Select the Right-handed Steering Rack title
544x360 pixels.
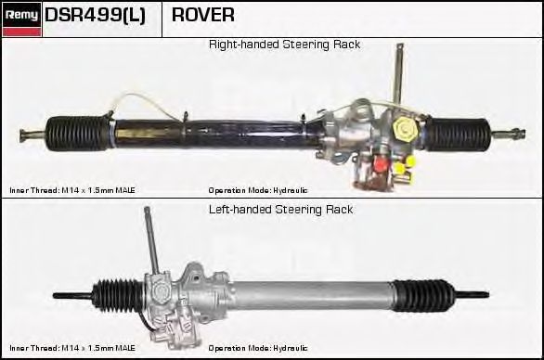(x=284, y=45)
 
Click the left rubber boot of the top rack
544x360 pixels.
(x=78, y=132)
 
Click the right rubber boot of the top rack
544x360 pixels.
(x=460, y=134)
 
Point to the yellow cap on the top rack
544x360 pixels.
(x=405, y=126)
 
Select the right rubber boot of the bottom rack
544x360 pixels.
(x=423, y=296)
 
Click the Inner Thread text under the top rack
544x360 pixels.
(x=72, y=190)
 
